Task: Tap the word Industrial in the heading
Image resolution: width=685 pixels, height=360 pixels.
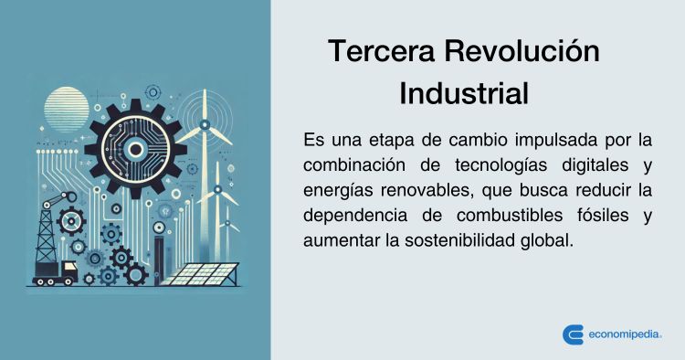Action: click(x=464, y=94)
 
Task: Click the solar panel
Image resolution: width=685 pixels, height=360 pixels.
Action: click(x=205, y=273)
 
